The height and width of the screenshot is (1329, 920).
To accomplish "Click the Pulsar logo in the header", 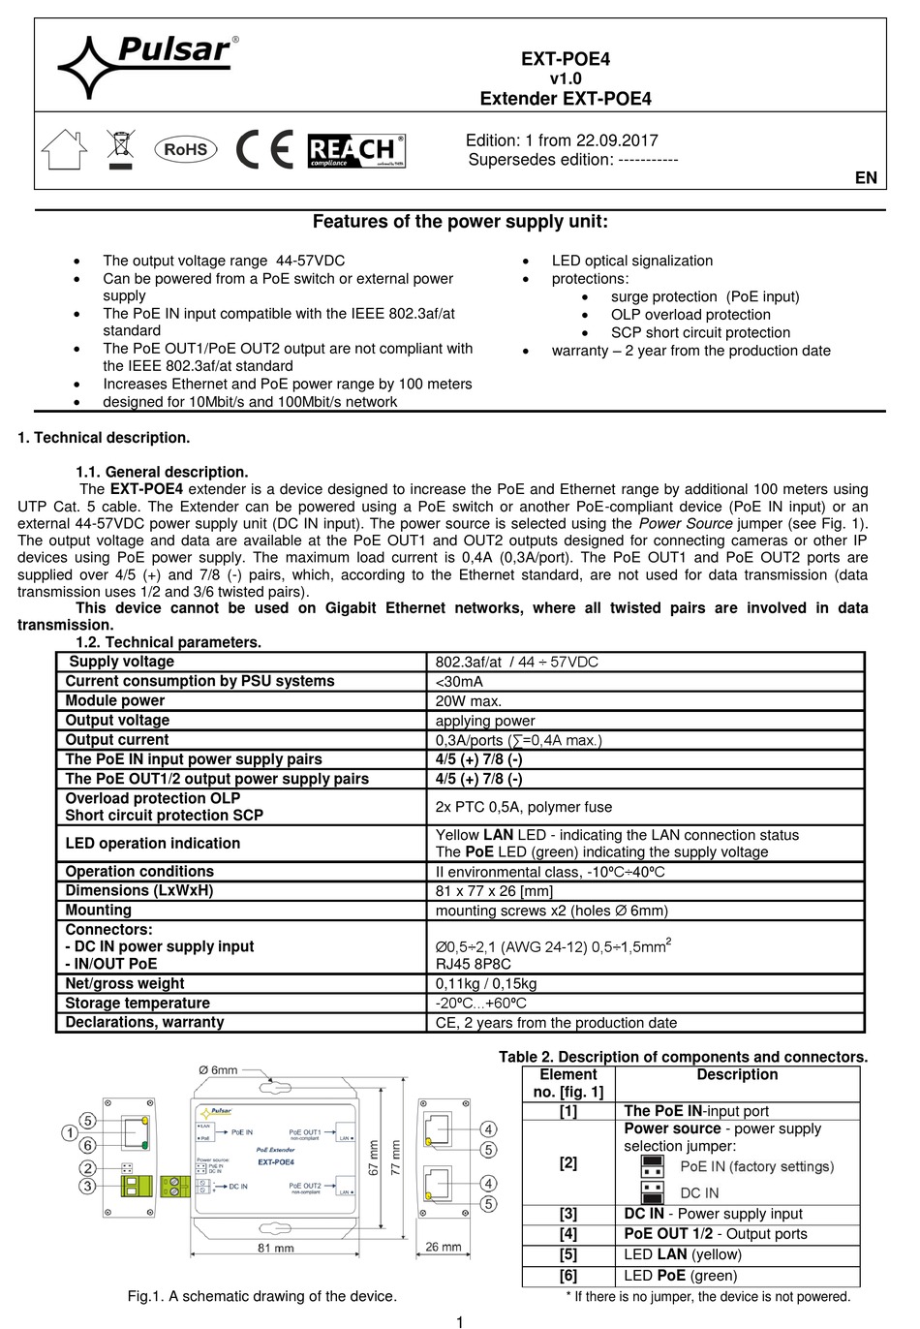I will click(x=145, y=64).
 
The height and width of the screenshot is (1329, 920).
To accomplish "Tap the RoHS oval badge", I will click(x=185, y=149).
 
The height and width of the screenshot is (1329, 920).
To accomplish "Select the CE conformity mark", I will click(x=264, y=149).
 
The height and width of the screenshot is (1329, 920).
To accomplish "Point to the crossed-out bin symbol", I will click(x=120, y=150).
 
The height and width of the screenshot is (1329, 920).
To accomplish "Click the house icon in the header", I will click(x=64, y=150).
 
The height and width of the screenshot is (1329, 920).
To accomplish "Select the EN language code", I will click(x=866, y=177).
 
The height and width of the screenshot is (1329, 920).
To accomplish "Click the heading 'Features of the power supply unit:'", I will click(x=460, y=222).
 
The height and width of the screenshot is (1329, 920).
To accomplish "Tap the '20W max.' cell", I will click(x=469, y=701).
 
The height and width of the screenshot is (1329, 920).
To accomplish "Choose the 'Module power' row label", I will click(x=115, y=701).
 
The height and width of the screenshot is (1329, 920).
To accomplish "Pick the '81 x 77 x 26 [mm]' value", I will click(x=494, y=891).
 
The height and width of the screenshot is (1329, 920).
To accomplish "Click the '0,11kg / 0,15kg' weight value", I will click(x=486, y=984).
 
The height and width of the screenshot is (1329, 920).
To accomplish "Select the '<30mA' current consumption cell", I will click(x=459, y=682).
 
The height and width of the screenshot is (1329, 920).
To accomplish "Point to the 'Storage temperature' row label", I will click(x=138, y=1004).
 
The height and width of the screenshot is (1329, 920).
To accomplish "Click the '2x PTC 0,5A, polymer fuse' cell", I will click(x=524, y=807).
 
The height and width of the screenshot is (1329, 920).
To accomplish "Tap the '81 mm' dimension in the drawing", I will click(x=276, y=1248).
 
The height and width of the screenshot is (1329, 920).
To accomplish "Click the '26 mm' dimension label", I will click(x=444, y=1247).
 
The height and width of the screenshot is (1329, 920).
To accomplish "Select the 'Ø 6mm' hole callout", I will click(x=218, y=1070).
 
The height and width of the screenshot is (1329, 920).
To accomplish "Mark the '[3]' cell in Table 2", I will click(x=567, y=1214).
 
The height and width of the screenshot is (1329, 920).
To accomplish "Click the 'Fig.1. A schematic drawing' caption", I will click(x=262, y=1296).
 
